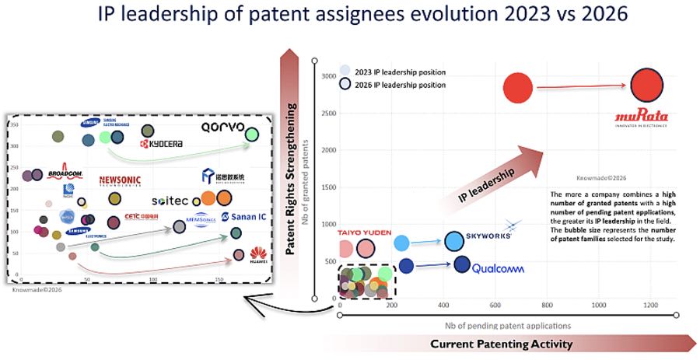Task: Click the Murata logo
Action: [642, 119]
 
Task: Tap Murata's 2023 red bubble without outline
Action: [517, 88]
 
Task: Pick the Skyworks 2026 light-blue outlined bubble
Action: [454, 242]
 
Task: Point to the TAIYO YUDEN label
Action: [365, 232]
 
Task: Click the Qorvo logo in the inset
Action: [222, 127]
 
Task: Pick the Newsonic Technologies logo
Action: [121, 180]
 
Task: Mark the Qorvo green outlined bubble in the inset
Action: [251, 135]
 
